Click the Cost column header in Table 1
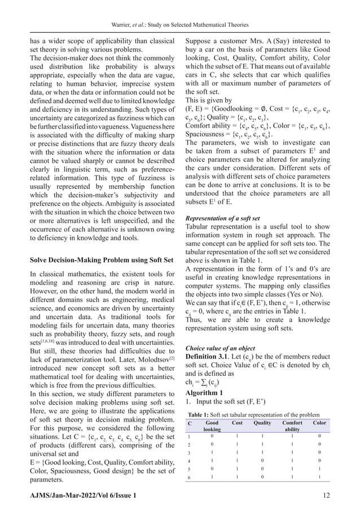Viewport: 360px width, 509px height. tap(238, 423)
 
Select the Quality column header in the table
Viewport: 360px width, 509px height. tap(262, 423)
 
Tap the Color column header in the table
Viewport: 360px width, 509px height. tap(319, 423)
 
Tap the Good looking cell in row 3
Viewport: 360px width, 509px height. tap(212, 452)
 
